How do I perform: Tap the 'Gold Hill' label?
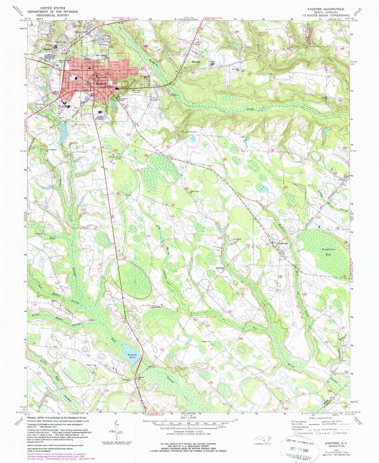220,268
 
